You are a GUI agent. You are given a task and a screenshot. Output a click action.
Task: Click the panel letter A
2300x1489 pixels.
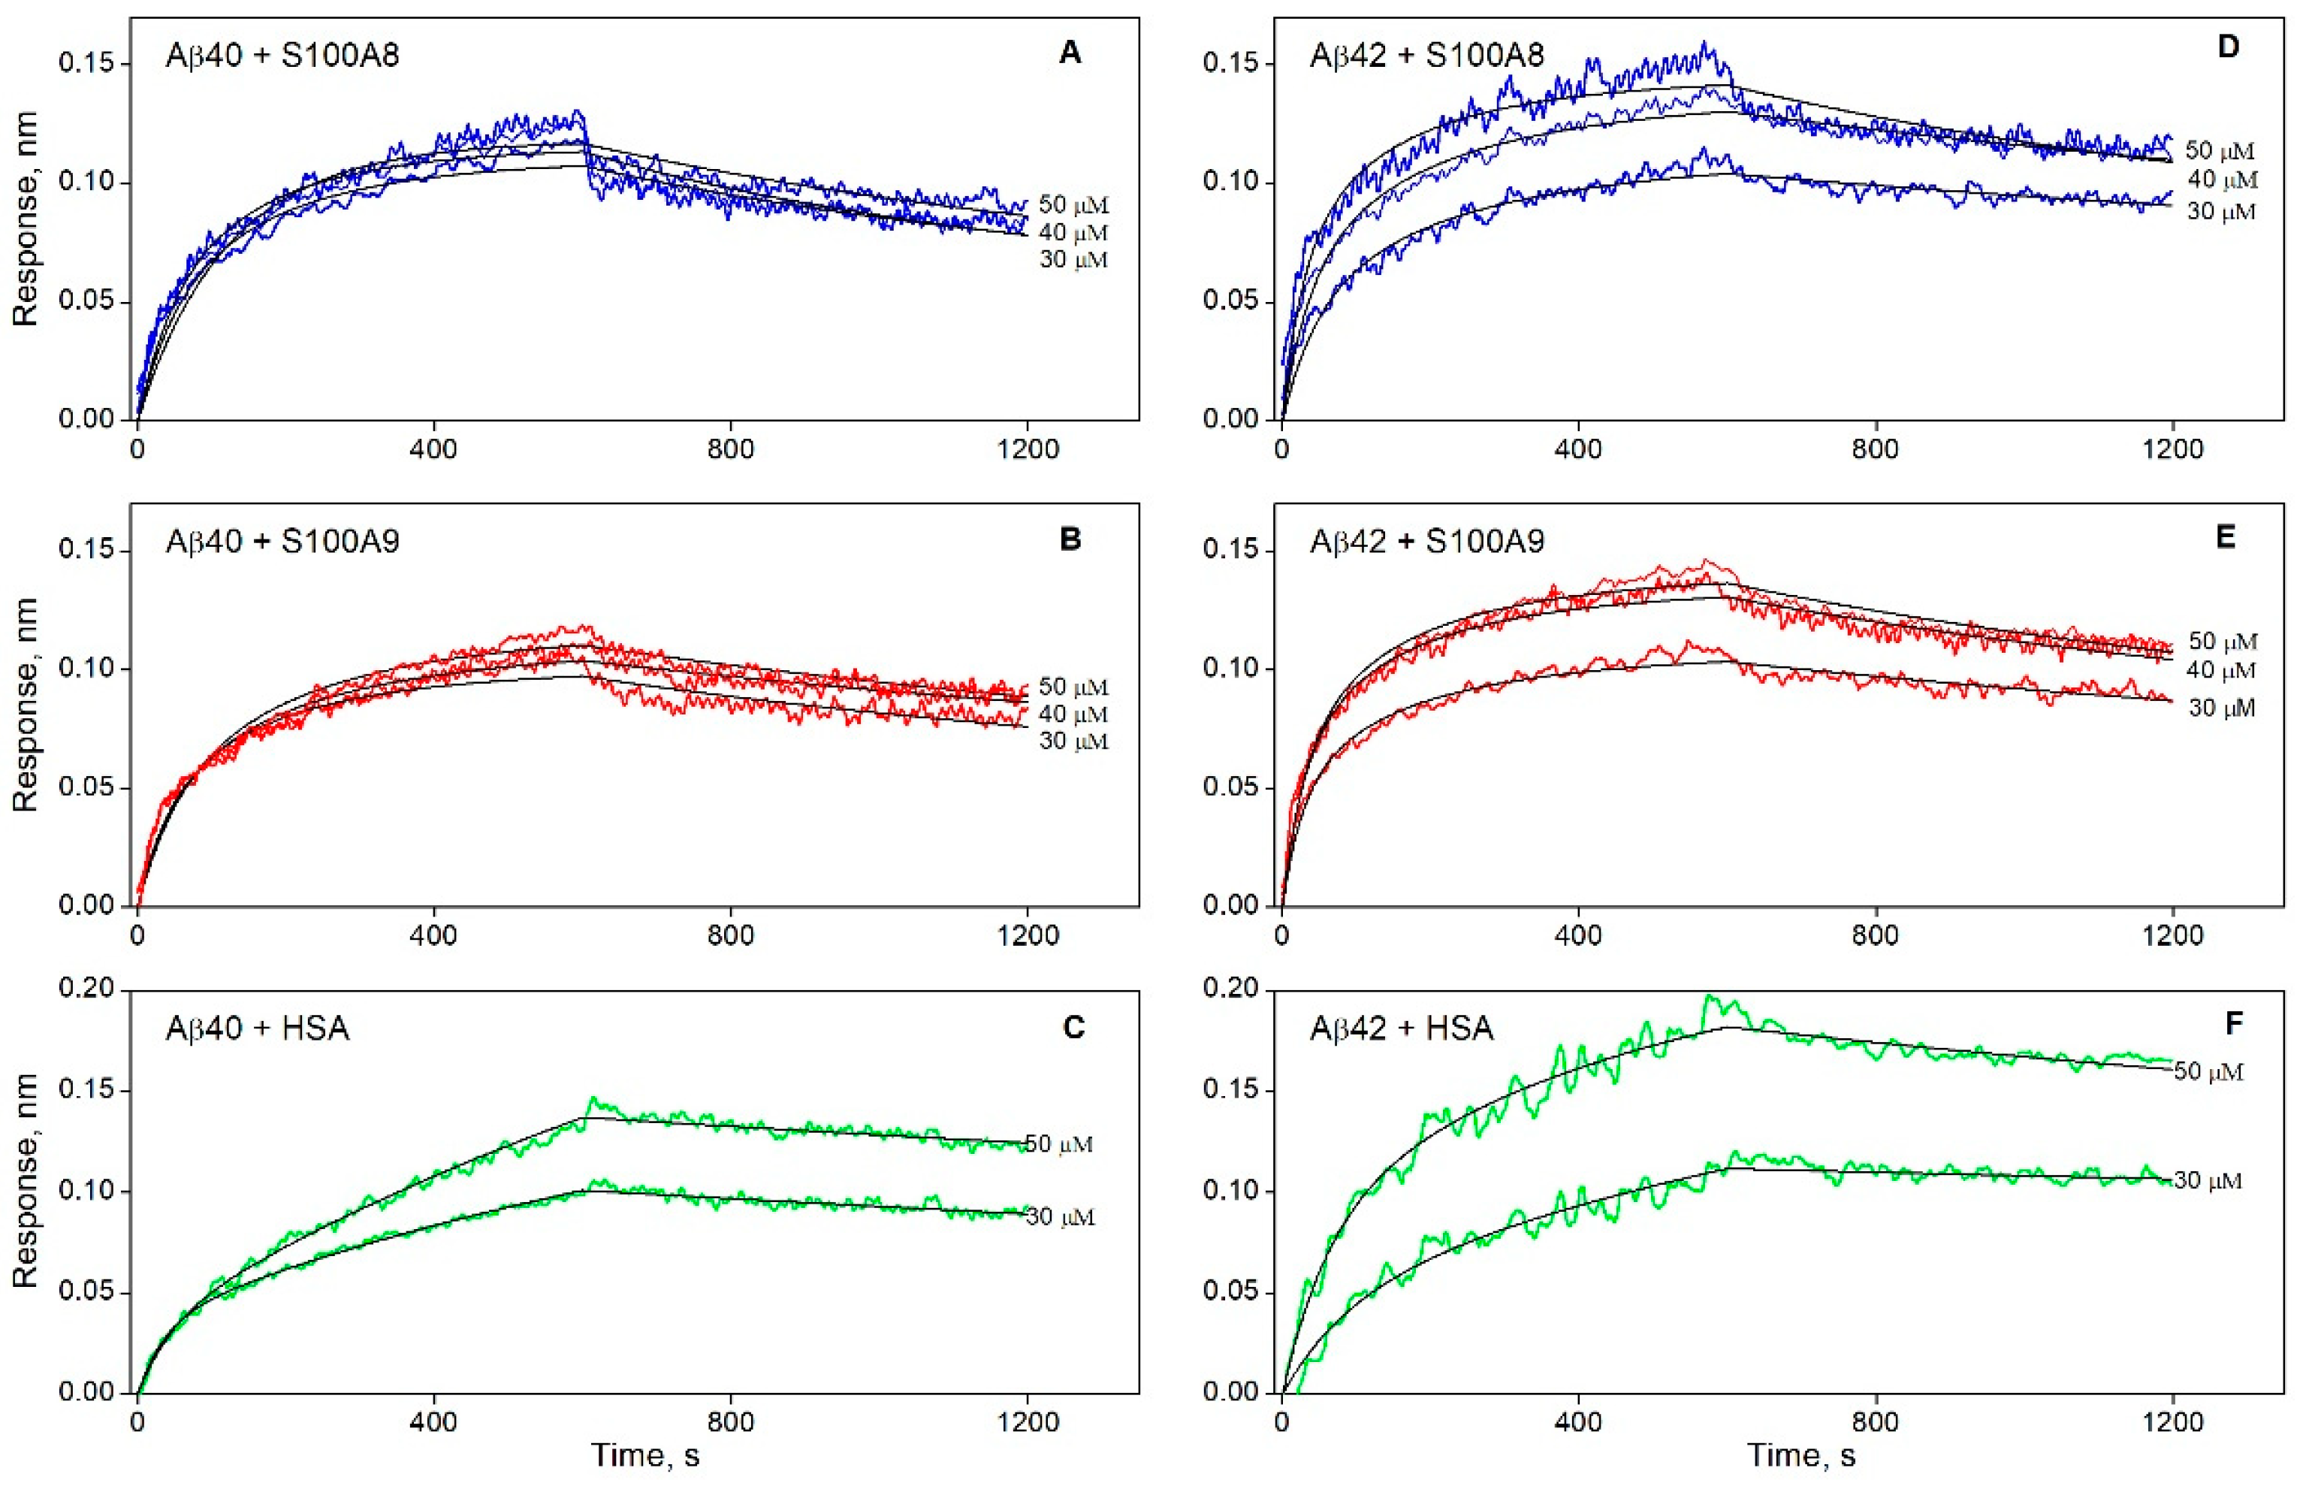pos(1070,53)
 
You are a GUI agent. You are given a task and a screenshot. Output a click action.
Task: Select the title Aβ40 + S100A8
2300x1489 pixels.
pos(282,54)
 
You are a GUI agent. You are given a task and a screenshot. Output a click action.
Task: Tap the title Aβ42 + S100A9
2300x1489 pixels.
pos(1426,540)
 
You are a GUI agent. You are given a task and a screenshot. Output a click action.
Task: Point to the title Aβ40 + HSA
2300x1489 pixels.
pos(257,1028)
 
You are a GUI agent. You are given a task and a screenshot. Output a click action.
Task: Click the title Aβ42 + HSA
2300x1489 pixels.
pos(1402,1028)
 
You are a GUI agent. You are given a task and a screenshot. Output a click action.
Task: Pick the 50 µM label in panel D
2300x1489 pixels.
pos(2220,152)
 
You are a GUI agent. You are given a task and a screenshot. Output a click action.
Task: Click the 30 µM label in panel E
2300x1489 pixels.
pos(2222,708)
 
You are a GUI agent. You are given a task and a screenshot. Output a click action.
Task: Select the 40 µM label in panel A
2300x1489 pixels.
pos(1073,233)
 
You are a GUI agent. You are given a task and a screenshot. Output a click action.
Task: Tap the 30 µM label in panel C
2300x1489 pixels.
pos(1061,1218)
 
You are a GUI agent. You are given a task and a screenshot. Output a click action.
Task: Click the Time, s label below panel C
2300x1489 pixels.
pos(644,1456)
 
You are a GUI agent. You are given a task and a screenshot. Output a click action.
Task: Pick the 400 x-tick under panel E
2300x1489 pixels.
pos(1578,935)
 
